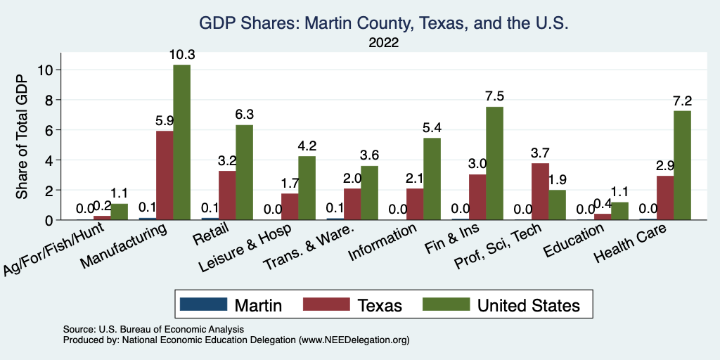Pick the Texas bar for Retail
(227, 195)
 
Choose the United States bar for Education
(619, 211)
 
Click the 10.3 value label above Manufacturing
(181, 54)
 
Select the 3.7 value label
(540, 153)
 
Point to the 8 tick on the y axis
(49, 100)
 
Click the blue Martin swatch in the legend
(204, 304)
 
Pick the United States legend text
(528, 305)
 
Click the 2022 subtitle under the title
(383, 43)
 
